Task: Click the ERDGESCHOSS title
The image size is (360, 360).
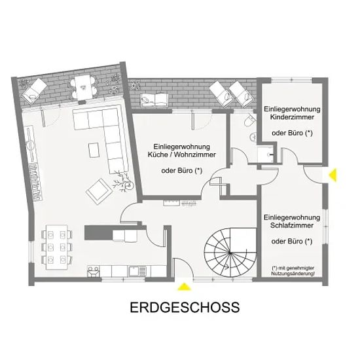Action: click(x=185, y=308)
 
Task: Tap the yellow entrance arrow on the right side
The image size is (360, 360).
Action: click(x=333, y=175)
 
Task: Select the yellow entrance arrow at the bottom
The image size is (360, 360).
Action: click(x=184, y=287)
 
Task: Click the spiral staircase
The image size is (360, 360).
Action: click(x=230, y=253)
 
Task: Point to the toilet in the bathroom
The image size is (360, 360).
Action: click(x=249, y=120)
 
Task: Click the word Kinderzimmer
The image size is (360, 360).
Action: click(x=292, y=117)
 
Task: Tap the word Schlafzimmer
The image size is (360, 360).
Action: click(x=291, y=225)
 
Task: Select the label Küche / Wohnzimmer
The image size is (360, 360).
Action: click(x=181, y=154)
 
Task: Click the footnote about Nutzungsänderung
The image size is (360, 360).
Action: click(x=293, y=271)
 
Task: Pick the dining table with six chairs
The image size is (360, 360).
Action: click(x=57, y=247)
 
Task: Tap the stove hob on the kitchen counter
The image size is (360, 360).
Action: click(x=94, y=271)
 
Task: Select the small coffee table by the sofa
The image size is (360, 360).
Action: click(x=94, y=150)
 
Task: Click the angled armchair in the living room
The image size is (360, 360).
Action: click(x=99, y=191)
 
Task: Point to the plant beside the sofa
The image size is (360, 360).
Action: click(x=124, y=182)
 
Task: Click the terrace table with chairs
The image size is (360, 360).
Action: click(x=82, y=87)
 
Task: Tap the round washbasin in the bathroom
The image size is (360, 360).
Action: click(x=253, y=137)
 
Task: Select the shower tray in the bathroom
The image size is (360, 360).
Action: click(x=266, y=154)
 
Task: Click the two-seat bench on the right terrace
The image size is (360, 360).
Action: click(x=155, y=100)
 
